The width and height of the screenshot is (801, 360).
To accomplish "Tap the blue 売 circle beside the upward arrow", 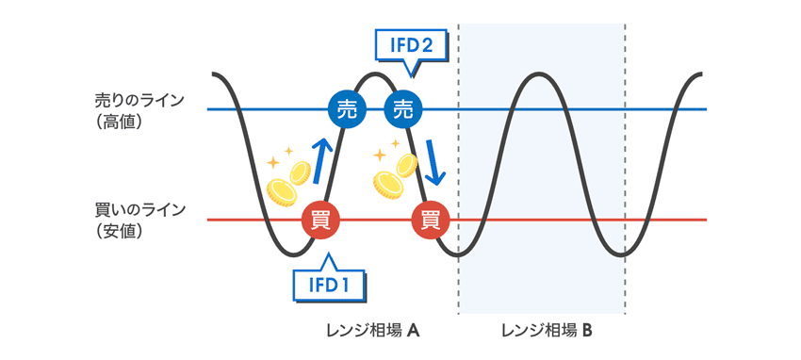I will pos(346,108).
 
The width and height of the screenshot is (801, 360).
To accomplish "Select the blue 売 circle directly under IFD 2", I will pos(403,108).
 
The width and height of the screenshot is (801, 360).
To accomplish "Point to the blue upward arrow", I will pos(321,160).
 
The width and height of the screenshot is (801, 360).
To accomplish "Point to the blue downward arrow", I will pos(434,162).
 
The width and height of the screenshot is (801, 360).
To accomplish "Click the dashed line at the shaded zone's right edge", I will pos(624,283).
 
